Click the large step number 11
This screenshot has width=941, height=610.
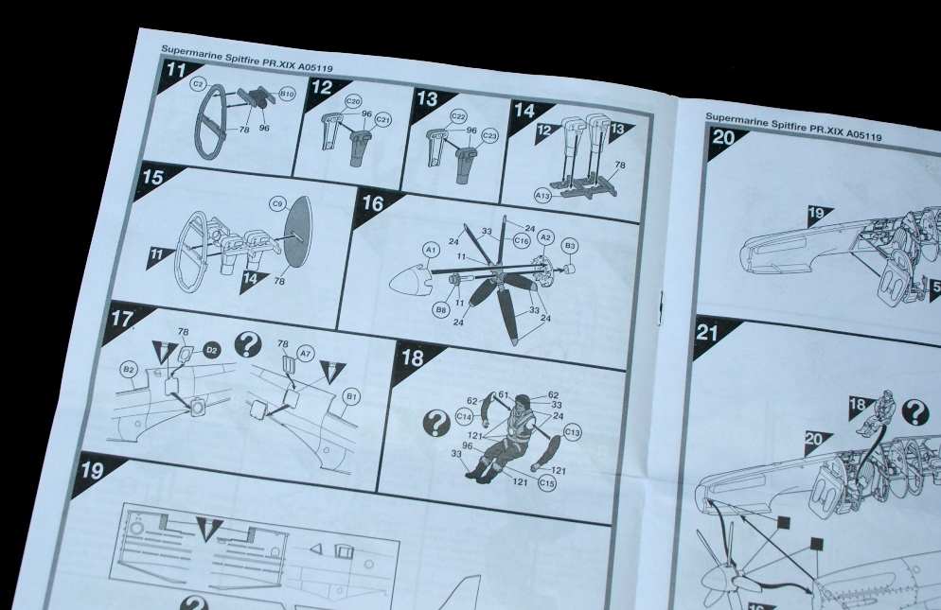click(x=176, y=70)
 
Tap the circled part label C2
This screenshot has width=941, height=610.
click(x=198, y=84)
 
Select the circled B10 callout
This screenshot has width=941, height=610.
click(x=288, y=95)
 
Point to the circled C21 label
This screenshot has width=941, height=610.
click(x=382, y=120)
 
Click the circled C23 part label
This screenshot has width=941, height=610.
click(x=489, y=136)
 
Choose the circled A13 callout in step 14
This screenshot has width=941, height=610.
click(x=542, y=196)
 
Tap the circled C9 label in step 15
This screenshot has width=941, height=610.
click(x=277, y=204)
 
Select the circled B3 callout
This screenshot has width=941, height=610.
click(x=570, y=246)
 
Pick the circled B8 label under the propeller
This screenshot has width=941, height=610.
click(x=441, y=309)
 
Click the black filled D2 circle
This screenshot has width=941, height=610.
click(x=211, y=350)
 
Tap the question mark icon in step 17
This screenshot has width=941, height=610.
click(x=248, y=345)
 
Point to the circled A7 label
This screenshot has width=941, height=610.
click(x=306, y=354)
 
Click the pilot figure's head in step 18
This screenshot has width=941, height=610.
click(x=521, y=402)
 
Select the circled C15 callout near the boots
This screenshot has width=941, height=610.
click(x=547, y=483)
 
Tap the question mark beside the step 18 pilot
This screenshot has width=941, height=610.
click(x=437, y=423)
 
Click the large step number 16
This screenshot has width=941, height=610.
click(x=373, y=204)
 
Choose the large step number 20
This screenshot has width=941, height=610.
click(x=723, y=139)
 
